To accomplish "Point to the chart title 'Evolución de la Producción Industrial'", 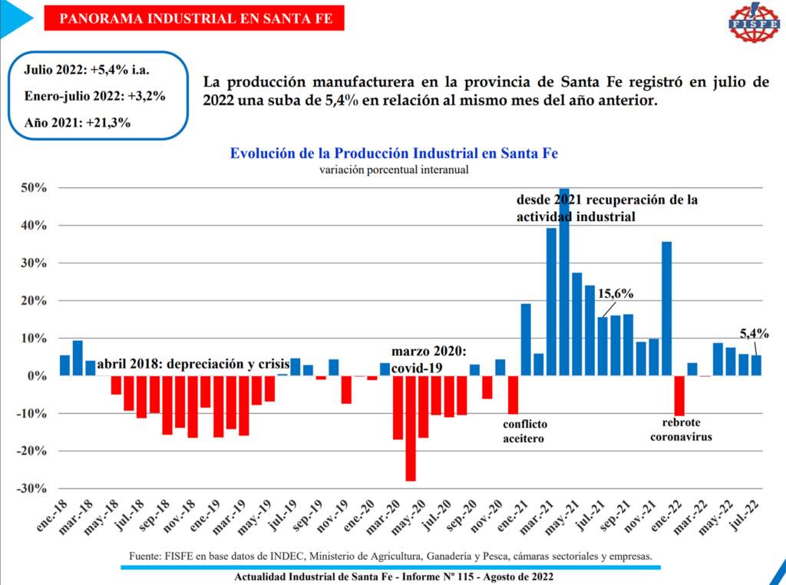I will (394, 153).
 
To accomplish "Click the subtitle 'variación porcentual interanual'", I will (394, 169).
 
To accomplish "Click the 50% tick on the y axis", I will (34, 188).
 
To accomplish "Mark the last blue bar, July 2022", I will (756, 365).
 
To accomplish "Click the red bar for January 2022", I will (679, 395).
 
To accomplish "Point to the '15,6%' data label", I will (617, 294).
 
